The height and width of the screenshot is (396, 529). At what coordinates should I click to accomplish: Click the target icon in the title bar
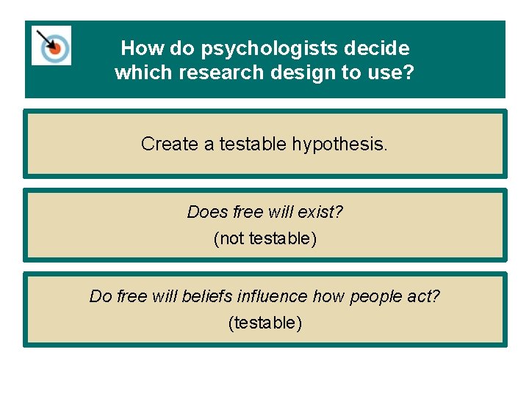[51, 45]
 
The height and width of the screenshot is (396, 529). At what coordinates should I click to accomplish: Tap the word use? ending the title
[395, 73]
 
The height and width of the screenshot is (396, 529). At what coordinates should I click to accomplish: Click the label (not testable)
[264, 238]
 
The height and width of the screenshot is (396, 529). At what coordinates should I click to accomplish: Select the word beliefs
[204, 296]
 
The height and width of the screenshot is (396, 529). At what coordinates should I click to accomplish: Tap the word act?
[422, 296]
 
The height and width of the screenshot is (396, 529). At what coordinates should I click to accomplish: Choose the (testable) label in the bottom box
[264, 322]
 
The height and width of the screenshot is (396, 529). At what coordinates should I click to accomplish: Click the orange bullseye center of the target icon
[54, 48]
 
